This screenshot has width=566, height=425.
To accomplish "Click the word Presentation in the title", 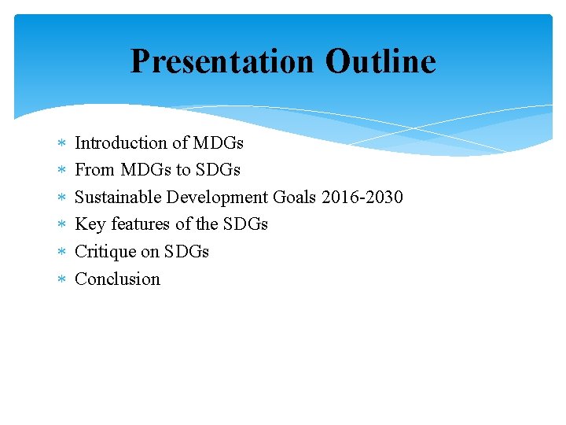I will (x=222, y=61).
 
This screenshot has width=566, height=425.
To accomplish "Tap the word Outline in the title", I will (x=380, y=61).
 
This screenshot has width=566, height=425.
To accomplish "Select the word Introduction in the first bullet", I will (x=120, y=142).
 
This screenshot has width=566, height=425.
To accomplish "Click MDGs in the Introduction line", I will (x=218, y=142).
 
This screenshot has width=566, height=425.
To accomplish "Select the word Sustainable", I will (x=118, y=197).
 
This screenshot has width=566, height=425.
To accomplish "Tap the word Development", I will (x=217, y=197).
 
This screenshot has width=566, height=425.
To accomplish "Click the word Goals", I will (x=295, y=197).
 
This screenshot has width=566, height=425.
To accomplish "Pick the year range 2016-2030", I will (x=362, y=197).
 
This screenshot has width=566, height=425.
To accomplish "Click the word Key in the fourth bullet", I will (x=90, y=224).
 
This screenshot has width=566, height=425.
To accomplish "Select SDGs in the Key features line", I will (x=245, y=224).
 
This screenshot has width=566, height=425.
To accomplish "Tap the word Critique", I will (x=107, y=252).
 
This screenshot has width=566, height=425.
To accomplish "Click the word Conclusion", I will (x=117, y=279).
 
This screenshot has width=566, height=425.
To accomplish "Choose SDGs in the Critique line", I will (x=186, y=252).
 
